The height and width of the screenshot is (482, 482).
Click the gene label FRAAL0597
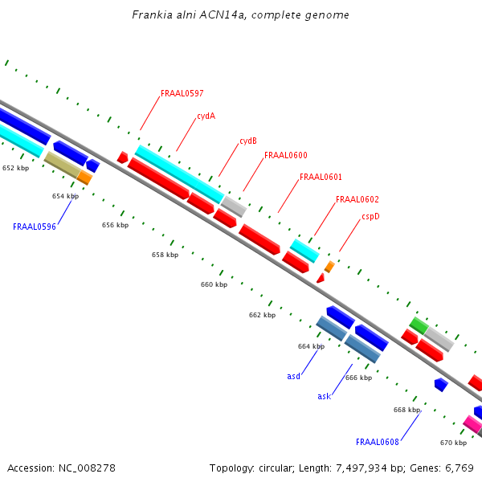tap(182, 93)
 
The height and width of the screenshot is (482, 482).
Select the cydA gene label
tap(206, 116)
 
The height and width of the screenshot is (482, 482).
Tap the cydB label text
tap(248, 141)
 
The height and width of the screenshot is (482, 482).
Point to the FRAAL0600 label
tap(285, 155)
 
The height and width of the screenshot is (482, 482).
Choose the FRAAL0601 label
tap(321, 177)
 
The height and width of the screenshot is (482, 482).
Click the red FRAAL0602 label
tap(357, 199)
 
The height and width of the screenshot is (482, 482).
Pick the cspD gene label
tap(370, 216)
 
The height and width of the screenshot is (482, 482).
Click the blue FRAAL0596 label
tap(35, 227)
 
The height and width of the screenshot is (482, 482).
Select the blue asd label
tap(294, 376)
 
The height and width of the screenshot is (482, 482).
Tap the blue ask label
tap(324, 396)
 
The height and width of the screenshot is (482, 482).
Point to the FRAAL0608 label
tap(378, 442)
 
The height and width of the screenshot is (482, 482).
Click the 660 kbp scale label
tap(214, 284)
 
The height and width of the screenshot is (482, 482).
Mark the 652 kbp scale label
tap(15, 168)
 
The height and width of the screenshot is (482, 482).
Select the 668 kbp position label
tap(406, 410)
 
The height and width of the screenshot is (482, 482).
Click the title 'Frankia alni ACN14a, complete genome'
tap(241, 15)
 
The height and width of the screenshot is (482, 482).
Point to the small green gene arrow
tap(419, 325)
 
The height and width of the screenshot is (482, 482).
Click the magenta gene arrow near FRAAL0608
tap(472, 423)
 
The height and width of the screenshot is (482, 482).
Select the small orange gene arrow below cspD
tap(329, 266)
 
